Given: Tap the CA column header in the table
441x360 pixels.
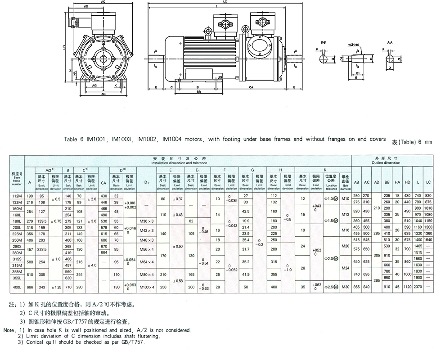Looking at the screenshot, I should (104, 182).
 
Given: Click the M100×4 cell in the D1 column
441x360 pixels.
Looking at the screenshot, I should (147, 287).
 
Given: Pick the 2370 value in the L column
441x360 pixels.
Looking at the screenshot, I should (418, 287).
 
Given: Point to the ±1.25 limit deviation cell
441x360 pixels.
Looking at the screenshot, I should (57, 287).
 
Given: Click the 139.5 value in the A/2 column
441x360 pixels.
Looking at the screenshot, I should (43, 221).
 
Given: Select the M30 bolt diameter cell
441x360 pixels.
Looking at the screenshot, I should (345, 287).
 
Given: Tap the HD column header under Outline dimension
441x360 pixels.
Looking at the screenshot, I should (407, 182).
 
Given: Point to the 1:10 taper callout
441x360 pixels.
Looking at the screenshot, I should (354, 45).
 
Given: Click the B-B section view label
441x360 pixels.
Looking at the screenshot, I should (319, 41).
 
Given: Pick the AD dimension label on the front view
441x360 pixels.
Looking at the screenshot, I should (85, 7).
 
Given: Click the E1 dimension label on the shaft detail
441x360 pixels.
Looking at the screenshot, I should (356, 72).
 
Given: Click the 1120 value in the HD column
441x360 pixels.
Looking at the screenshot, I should (407, 287).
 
